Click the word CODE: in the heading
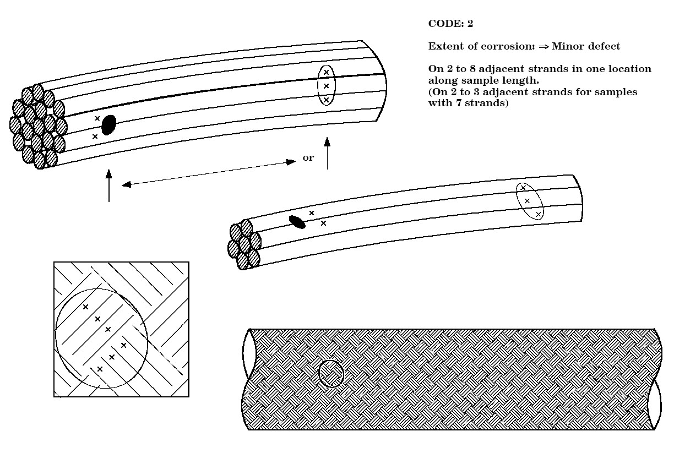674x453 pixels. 445,24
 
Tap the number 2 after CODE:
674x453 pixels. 470,24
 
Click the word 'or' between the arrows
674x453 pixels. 308,157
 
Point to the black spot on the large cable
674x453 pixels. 108,125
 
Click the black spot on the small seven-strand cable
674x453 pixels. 297,222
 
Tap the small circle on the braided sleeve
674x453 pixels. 331,373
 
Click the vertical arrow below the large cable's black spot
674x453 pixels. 109,185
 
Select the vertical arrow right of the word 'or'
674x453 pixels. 327,153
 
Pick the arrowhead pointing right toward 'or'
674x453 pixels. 291,162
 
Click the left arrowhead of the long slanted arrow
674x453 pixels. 127,184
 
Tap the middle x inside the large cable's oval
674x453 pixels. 326,86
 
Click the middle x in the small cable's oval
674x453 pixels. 527,201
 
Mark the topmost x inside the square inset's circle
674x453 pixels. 86,307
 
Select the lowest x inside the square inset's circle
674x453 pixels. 100,369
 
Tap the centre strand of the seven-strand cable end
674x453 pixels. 244,244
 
